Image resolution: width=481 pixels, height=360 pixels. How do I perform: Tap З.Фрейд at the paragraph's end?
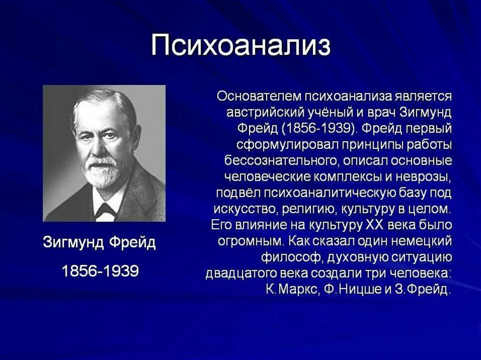(422, 289)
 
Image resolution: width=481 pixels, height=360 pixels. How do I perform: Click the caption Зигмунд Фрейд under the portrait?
(99, 244)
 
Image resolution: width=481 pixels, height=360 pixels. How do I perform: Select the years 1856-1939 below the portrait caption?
(100, 270)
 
